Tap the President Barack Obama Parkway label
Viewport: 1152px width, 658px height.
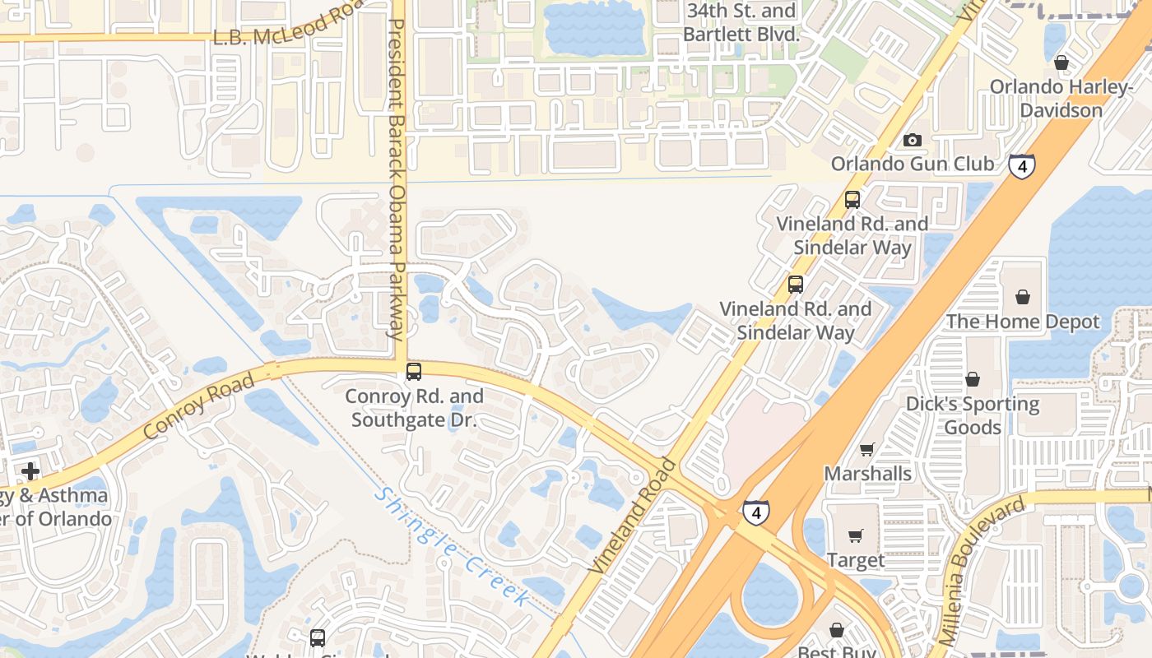click(x=397, y=181)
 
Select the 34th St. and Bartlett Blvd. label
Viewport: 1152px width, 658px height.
click(x=741, y=23)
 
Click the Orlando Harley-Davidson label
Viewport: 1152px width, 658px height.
click(x=1061, y=99)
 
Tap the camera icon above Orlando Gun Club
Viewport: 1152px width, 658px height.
click(x=912, y=140)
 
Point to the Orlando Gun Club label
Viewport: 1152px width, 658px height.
click(x=912, y=164)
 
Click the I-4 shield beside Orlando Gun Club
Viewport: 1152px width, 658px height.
click(x=1021, y=166)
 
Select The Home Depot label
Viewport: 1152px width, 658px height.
click(x=1022, y=322)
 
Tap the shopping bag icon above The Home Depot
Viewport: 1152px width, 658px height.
click(x=1022, y=297)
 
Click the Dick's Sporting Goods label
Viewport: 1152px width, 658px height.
click(x=973, y=415)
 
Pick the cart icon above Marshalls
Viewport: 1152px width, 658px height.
click(x=866, y=449)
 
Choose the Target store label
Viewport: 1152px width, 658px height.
click(x=856, y=560)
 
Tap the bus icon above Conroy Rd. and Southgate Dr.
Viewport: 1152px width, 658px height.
click(x=414, y=372)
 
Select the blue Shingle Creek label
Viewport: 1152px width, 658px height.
click(x=452, y=548)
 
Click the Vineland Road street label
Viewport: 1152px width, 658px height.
click(x=633, y=517)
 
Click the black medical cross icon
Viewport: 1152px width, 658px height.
click(x=30, y=471)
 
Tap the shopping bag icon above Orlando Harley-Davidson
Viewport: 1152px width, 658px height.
click(x=1061, y=63)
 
